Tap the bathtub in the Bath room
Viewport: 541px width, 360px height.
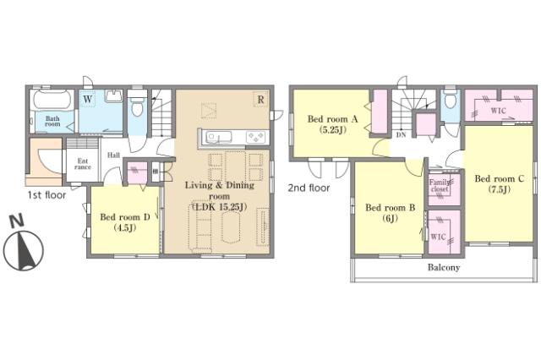point(52,100)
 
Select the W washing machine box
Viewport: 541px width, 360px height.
point(88,100)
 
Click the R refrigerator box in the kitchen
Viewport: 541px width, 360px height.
point(261,100)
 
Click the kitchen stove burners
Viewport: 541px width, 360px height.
point(256,138)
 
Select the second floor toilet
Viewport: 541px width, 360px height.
point(451,101)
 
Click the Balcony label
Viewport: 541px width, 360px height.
point(444,267)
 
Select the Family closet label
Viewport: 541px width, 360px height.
point(440,186)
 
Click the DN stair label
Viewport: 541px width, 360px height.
point(401,135)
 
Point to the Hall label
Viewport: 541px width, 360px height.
point(113,155)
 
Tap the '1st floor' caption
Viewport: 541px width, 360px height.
point(46,195)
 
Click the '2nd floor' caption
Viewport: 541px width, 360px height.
point(309,188)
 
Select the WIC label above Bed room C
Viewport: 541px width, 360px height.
point(498,111)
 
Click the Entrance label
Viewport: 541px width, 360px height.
point(83,164)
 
